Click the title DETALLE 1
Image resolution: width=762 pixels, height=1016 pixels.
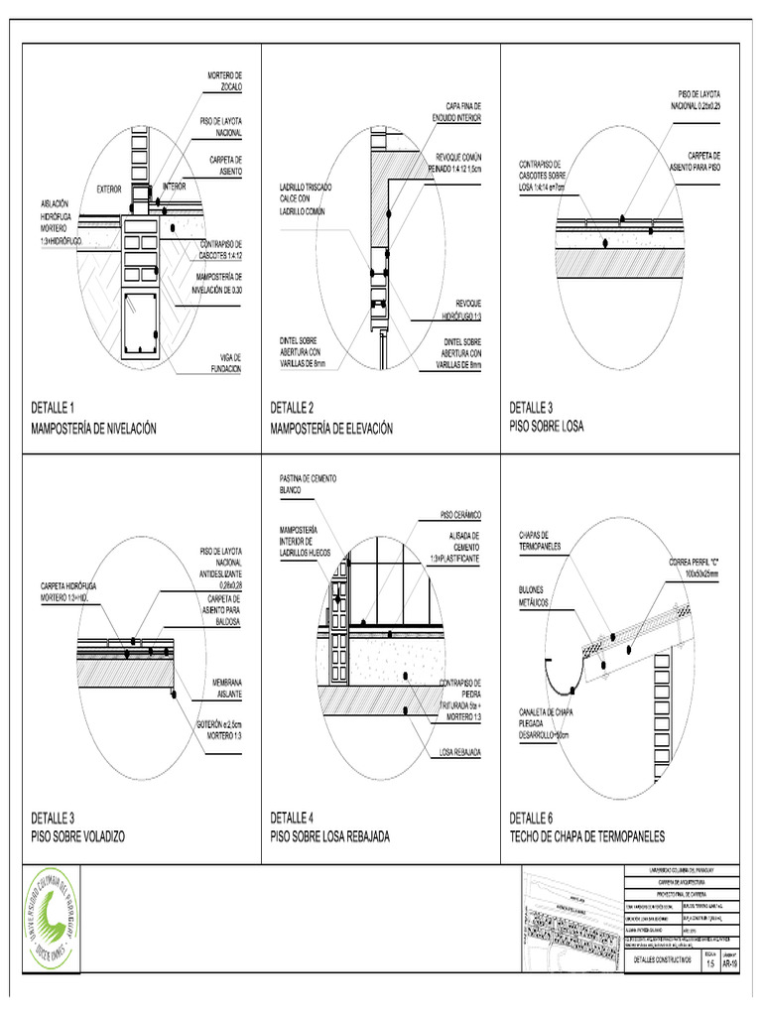pos(53,408)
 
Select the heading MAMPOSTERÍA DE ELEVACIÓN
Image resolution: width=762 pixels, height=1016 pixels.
pos(331,429)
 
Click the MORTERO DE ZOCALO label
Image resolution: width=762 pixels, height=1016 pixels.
pos(224,80)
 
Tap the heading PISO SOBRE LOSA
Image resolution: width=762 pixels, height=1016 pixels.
pos(547,429)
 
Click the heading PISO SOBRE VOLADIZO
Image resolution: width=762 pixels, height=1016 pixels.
pos(77,836)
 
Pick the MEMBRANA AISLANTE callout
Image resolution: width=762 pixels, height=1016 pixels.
pos(223,689)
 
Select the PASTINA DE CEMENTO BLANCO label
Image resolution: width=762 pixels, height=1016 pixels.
pos(308,484)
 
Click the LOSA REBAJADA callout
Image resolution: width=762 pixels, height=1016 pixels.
pos(460,752)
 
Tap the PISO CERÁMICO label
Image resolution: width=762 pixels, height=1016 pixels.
pos(460,515)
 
